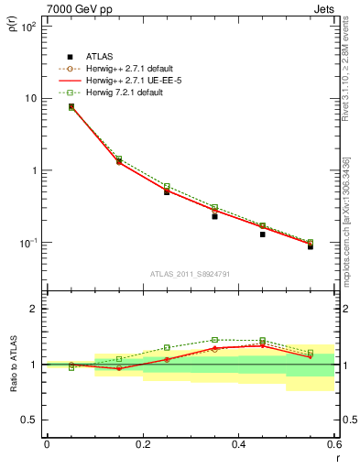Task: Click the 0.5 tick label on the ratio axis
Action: click(x=28, y=420)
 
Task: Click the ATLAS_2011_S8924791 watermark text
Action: click(x=190, y=273)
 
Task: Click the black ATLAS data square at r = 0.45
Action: click(x=262, y=234)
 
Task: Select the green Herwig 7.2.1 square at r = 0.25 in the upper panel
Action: click(x=167, y=186)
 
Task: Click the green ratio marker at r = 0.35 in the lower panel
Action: click(x=214, y=340)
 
